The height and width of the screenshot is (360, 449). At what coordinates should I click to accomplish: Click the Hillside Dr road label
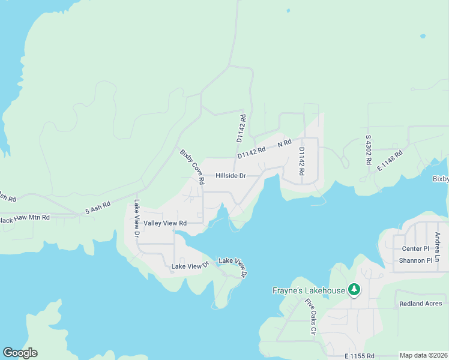click(231, 176)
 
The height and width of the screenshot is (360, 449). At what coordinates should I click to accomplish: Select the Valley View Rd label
click(165, 223)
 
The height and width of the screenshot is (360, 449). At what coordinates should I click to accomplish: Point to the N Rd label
click(285, 143)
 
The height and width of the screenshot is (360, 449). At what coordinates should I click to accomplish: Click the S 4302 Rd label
click(369, 150)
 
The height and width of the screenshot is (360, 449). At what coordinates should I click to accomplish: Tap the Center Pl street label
click(415, 248)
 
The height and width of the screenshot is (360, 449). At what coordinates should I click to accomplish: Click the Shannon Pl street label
click(415, 260)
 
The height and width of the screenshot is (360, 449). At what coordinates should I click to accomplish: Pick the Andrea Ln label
click(438, 246)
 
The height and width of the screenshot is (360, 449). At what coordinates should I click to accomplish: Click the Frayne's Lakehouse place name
click(306, 291)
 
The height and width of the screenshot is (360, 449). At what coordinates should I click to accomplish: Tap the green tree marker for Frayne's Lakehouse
click(354, 290)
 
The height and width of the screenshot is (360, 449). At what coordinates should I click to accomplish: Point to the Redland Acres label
click(420, 304)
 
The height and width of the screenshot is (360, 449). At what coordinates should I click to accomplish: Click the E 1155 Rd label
click(360, 356)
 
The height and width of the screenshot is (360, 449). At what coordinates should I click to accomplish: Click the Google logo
click(20, 353)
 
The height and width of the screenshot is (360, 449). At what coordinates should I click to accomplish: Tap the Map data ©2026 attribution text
click(424, 355)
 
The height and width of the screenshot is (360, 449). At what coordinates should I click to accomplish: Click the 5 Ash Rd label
click(98, 207)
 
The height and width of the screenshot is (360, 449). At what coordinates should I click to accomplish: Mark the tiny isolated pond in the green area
click(424, 35)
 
